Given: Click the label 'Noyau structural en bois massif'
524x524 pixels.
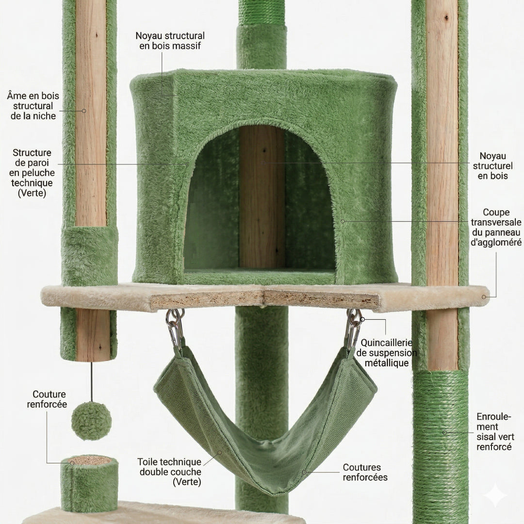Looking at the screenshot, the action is (x=170, y=41).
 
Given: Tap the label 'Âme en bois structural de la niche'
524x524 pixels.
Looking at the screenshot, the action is (x=33, y=106).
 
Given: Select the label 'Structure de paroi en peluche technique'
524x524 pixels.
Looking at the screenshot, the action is (x=32, y=173).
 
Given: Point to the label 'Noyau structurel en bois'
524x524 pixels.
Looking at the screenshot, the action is (x=492, y=166).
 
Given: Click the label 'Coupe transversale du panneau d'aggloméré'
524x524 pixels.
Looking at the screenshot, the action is (x=496, y=227).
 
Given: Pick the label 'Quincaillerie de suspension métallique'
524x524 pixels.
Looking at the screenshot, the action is (x=386, y=353).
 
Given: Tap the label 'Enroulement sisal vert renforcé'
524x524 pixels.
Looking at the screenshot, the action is (x=495, y=432).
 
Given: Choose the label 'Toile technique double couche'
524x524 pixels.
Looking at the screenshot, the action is (x=170, y=472).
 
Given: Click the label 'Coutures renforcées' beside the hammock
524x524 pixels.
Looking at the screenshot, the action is (x=365, y=472).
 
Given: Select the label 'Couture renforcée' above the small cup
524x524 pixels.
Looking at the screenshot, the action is (x=47, y=399).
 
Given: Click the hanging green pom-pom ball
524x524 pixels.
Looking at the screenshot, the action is (x=91, y=421).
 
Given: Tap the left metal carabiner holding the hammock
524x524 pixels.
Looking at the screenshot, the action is (x=175, y=328).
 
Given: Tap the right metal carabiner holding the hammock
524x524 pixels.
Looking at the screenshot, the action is (x=354, y=328).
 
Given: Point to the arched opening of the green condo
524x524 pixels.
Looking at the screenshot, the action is (x=260, y=200).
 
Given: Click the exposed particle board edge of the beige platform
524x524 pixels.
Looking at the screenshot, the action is (x=264, y=299).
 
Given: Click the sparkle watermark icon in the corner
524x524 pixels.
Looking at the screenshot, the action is (x=495, y=495).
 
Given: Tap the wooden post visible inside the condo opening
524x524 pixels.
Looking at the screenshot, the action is (x=262, y=197).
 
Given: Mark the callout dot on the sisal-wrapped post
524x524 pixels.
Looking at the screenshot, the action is (x=444, y=432).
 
